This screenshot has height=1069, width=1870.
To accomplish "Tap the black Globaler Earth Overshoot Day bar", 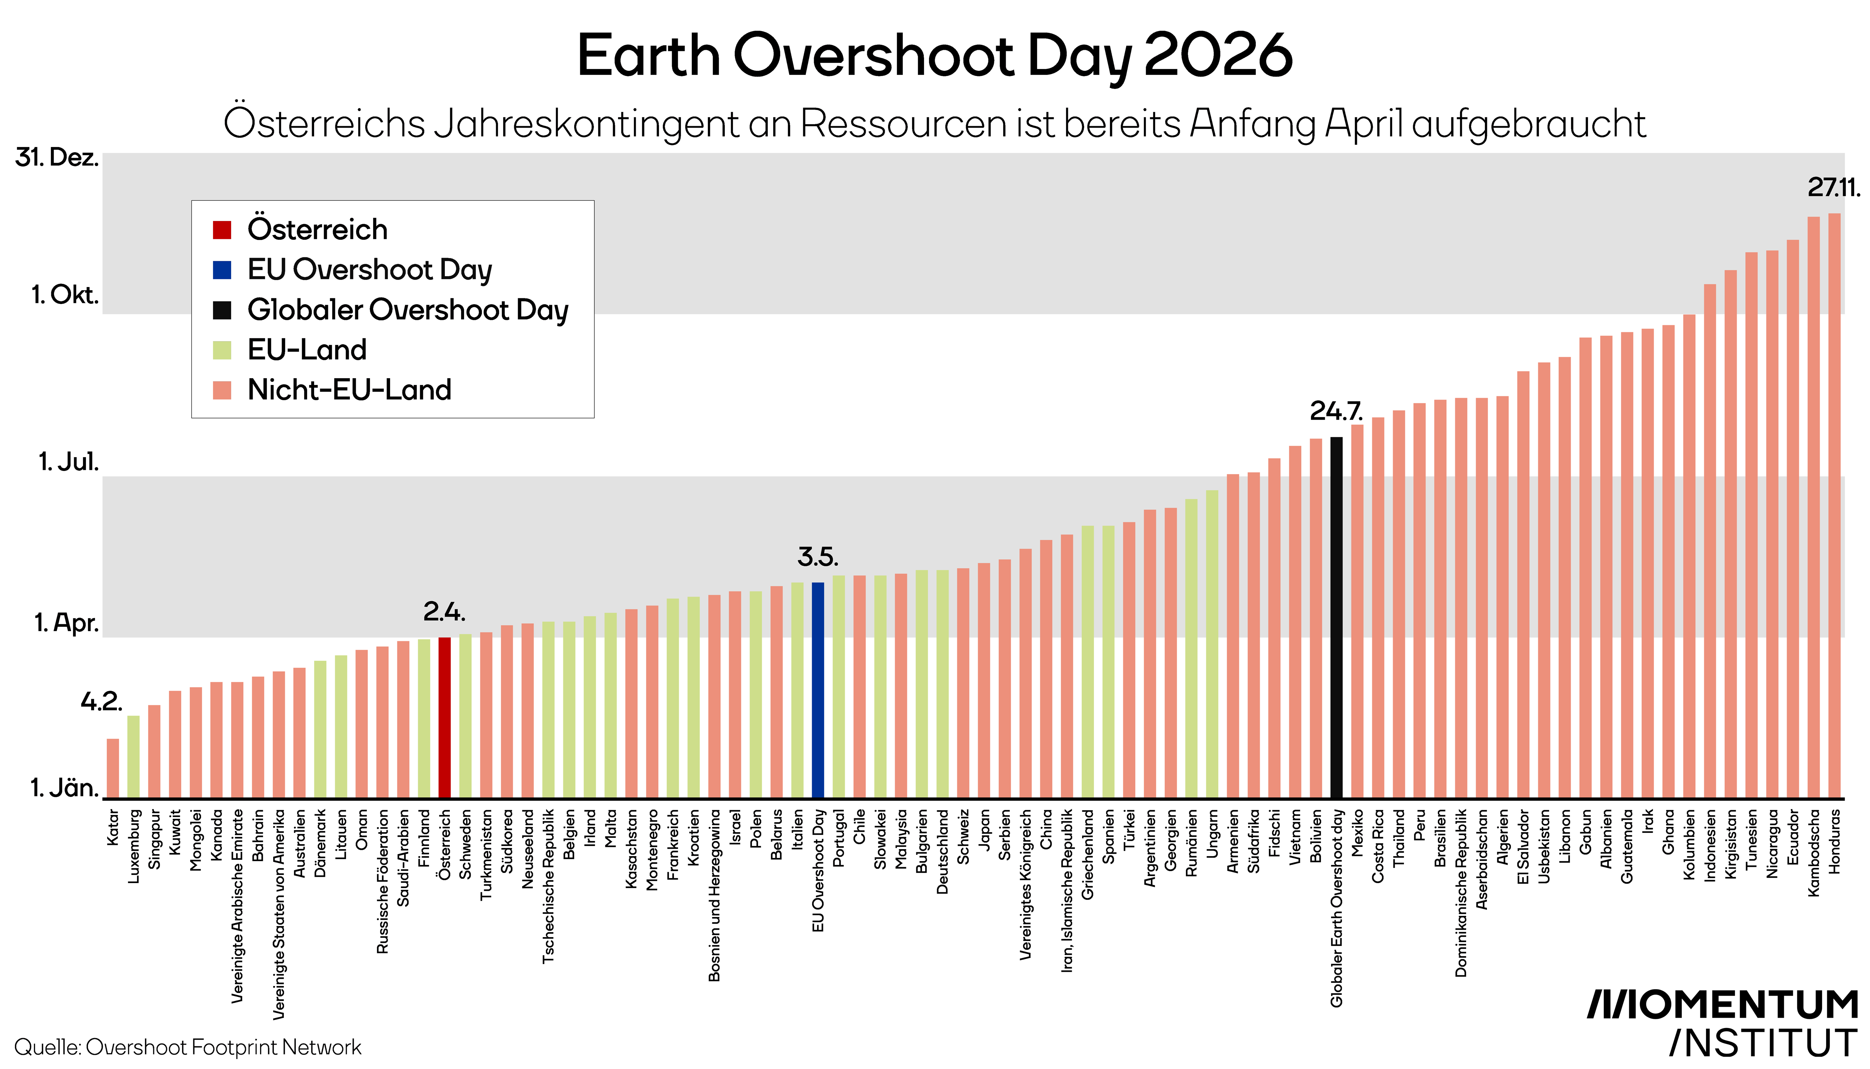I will point(1336,617).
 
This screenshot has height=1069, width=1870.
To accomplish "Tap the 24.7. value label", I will point(1336,411).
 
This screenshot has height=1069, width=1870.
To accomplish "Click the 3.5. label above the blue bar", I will point(818,557).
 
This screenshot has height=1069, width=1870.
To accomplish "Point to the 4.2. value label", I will point(101,702).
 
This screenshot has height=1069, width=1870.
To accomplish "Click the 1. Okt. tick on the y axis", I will point(65,295).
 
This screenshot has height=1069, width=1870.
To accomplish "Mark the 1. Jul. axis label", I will point(68,462).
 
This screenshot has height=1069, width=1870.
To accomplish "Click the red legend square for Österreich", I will point(222,230).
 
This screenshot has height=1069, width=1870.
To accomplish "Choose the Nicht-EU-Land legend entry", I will point(349,390).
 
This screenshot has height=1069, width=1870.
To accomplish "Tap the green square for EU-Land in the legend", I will point(222,350).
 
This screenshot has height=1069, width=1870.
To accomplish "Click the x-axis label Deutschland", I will point(942,852).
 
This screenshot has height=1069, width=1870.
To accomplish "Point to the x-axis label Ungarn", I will point(1212,833).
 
